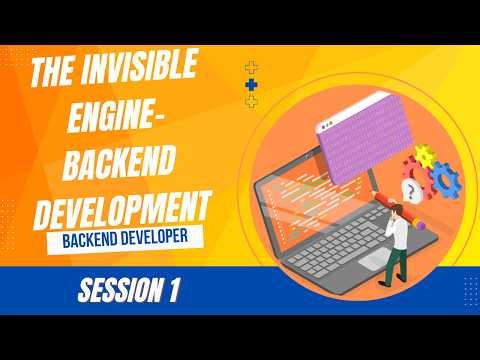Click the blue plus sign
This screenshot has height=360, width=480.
pyautogui.click(x=251, y=87)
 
